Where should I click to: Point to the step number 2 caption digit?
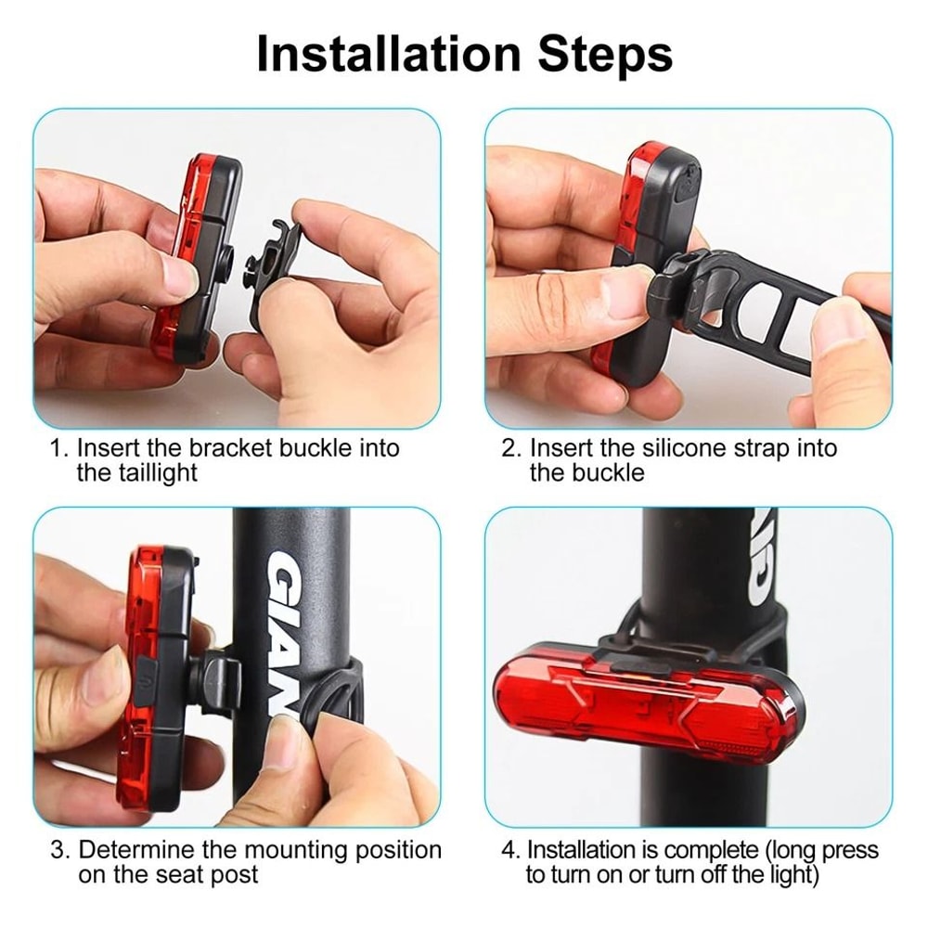[509, 449]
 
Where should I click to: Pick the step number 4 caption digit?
[509, 850]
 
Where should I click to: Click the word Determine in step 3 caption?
[139, 850]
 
